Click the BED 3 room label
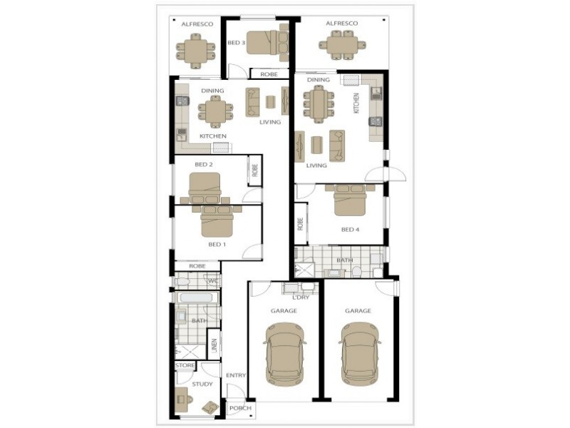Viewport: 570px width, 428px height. click(236, 43)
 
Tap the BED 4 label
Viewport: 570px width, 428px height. click(350, 230)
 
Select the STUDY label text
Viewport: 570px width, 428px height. click(202, 384)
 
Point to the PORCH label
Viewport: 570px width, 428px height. click(240, 408)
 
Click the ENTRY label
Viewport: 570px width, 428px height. click(236, 375)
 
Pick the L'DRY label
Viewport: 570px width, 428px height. click(301, 297)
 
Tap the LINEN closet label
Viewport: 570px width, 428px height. click(214, 345)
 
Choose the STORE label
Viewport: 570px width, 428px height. click(185, 365)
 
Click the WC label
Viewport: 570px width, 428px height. click(213, 281)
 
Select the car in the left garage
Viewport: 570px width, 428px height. click(284, 354)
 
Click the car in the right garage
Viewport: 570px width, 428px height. click(360, 354)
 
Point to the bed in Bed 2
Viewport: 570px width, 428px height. click(204, 188)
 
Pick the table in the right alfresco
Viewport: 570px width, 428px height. click(342, 45)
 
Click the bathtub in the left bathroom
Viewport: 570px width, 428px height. click(197, 298)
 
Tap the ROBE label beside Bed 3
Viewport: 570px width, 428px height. click(269, 74)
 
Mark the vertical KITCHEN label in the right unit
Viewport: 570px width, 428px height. click(356, 103)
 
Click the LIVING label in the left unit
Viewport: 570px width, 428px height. click(270, 122)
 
